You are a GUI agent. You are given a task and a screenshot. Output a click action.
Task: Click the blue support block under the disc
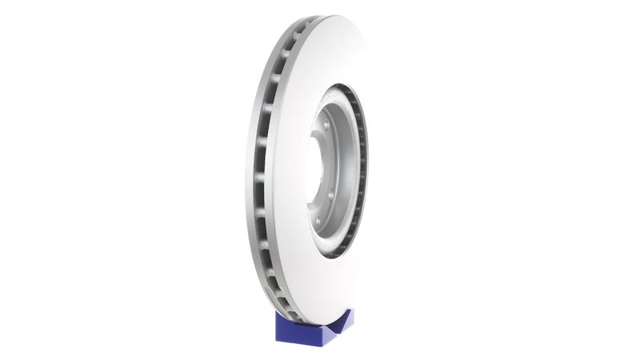[312, 328]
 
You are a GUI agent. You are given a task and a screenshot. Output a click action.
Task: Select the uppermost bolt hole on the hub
[326, 126]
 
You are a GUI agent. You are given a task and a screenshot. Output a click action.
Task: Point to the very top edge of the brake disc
[336, 16]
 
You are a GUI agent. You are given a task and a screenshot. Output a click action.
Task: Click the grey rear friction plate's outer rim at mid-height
[249, 172]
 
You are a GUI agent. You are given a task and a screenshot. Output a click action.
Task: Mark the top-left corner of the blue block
[277, 314]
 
